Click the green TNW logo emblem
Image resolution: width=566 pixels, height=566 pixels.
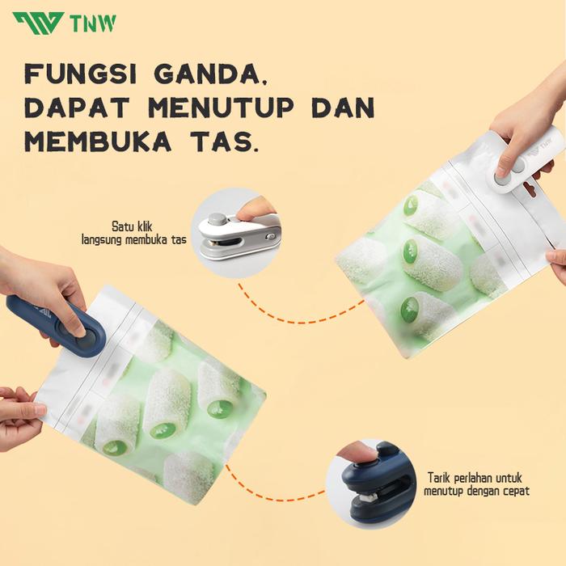(x=38, y=23)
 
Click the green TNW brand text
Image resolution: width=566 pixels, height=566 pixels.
(x=94, y=23)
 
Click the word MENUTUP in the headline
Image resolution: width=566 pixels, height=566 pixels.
(x=221, y=108)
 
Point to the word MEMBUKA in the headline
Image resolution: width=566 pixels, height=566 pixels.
(x=98, y=141)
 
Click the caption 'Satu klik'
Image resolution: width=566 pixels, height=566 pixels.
(x=132, y=226)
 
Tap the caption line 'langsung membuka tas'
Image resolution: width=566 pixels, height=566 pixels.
(x=134, y=239)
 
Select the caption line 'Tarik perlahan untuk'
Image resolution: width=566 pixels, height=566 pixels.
(x=475, y=478)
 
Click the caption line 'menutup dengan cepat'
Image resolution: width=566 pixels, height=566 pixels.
(x=476, y=491)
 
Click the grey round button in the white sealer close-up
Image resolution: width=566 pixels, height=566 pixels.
(x=218, y=219)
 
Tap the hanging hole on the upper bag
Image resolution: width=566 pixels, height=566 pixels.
(x=530, y=188)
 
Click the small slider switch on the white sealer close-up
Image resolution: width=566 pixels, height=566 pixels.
(x=269, y=236)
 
